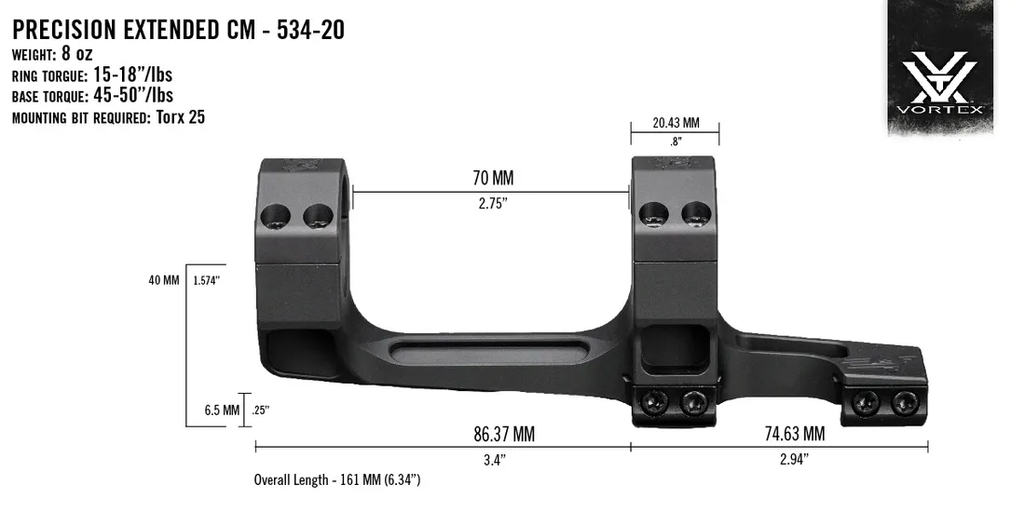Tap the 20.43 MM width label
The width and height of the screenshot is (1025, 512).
(675, 123)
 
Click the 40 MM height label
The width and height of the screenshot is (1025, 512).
(164, 280)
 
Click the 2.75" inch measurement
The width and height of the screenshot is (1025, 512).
(489, 205)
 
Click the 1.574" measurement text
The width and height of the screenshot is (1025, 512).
(206, 280)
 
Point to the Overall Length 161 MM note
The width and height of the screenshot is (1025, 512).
(337, 480)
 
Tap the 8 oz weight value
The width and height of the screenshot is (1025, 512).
(77, 54)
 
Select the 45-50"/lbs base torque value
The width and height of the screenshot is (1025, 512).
(133, 95)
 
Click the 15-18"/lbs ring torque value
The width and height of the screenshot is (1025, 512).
(133, 74)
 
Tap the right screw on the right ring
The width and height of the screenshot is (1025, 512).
(695, 214)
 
